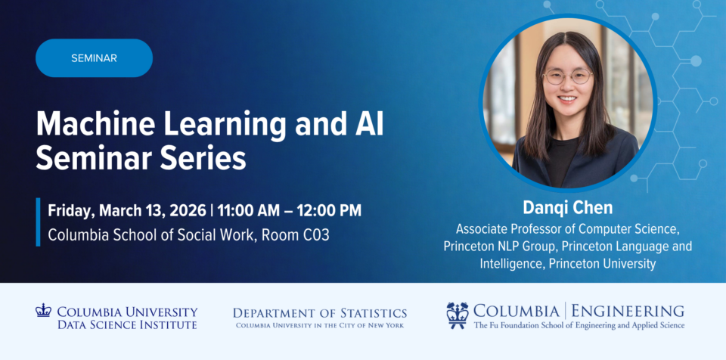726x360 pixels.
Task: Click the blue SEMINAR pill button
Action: point(94,58)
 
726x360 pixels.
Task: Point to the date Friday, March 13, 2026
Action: point(127,211)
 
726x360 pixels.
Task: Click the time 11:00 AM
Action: point(249,211)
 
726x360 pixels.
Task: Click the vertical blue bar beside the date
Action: point(38,222)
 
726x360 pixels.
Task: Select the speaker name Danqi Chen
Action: point(568,208)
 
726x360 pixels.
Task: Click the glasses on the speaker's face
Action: point(568,76)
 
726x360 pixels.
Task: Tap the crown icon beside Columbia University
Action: point(43,310)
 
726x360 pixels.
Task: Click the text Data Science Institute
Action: point(127,324)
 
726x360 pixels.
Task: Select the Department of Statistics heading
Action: point(320,313)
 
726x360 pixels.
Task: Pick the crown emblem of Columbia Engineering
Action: point(458,315)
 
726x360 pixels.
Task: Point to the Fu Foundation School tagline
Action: point(579,325)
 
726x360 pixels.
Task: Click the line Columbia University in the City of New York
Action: point(320,325)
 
